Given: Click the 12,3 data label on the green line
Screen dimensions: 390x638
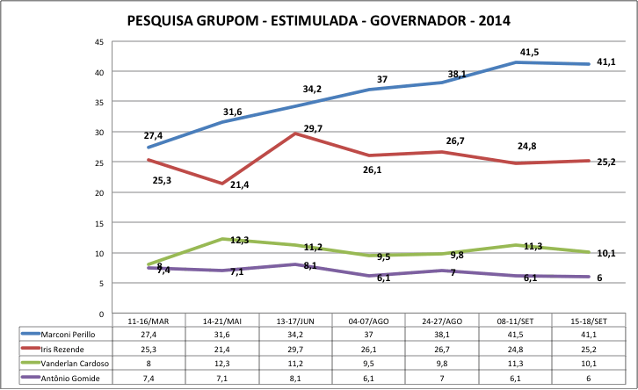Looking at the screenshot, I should click(239, 240).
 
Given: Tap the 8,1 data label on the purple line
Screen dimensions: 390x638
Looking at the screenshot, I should click(310, 265).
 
